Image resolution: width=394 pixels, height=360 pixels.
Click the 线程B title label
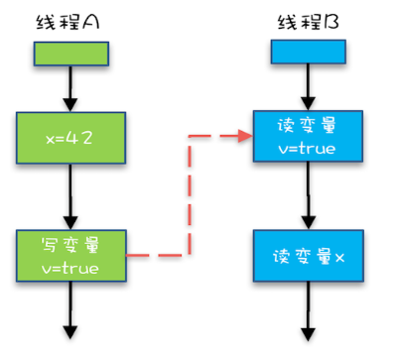tap(309, 20)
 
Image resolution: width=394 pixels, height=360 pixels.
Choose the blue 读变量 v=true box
tap(309, 138)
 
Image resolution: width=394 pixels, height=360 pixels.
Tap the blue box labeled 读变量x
tap(309, 256)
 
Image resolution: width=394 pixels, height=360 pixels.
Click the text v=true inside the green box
tap(70, 267)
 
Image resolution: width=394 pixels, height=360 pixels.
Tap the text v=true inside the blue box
tap(309, 150)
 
